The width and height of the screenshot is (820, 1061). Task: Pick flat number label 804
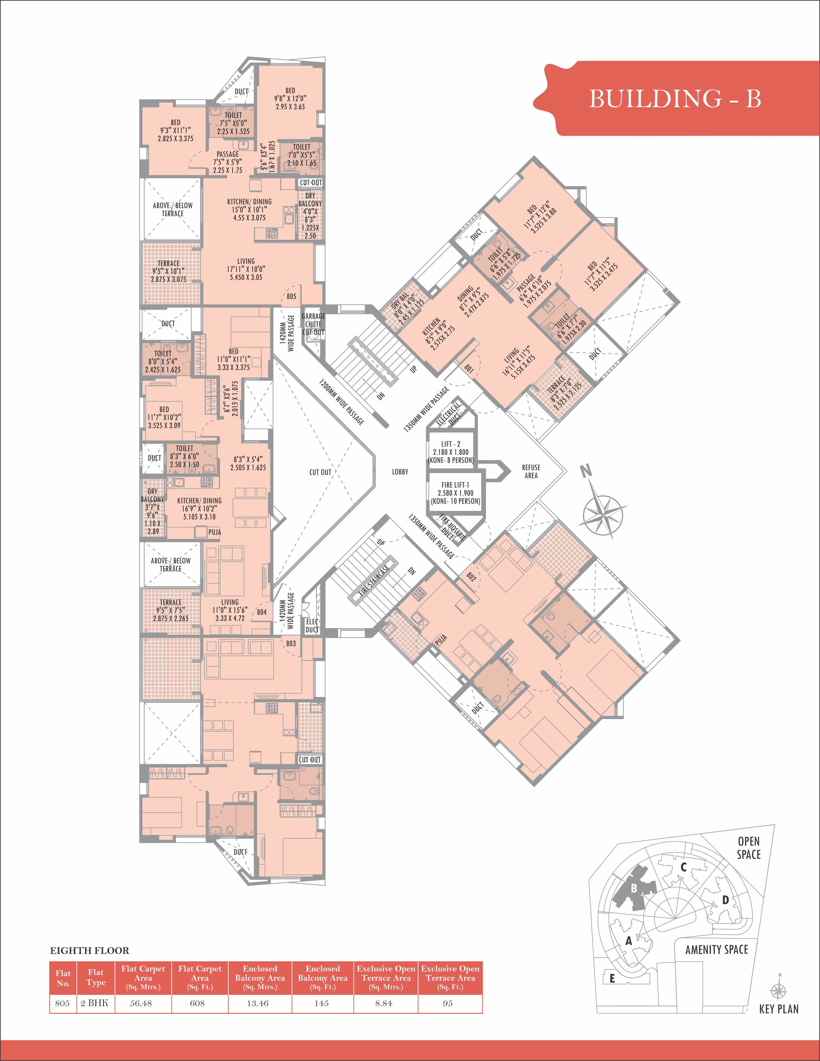coord(262,612)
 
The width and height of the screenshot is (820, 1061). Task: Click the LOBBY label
coord(400,472)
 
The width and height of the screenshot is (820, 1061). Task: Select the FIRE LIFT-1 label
coord(455,485)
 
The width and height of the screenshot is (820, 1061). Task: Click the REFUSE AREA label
coord(531,471)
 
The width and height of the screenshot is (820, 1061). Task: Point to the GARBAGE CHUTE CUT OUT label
coord(313,324)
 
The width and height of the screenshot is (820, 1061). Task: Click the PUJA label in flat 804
coord(215,532)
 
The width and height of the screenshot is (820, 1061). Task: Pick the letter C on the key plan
coord(683,867)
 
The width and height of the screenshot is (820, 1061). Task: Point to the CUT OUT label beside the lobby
coord(320,472)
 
